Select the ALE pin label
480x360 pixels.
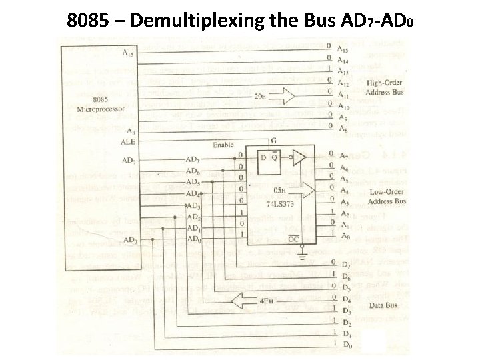click(128, 142)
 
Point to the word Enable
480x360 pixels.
click(223, 145)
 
